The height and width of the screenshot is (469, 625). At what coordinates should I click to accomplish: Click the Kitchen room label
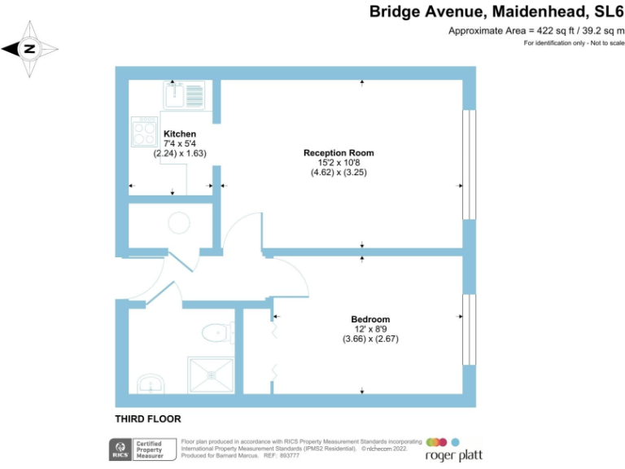coord(180,134)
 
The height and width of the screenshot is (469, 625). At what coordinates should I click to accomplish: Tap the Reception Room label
coord(339,152)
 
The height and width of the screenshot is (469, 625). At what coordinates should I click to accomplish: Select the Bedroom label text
coord(370,319)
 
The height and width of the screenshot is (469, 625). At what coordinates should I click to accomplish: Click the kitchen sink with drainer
coord(185,95)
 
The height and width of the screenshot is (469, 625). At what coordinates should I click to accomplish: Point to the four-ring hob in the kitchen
coord(144,132)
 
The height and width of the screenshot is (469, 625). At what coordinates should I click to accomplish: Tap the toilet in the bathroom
coord(216,333)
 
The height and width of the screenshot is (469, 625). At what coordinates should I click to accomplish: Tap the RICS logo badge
coord(121,448)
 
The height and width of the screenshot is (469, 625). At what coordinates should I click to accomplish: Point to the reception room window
coord(467,164)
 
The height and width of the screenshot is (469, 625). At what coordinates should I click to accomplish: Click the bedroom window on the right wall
coord(467,329)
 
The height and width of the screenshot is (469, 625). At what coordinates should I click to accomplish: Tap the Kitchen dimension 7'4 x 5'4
coord(180,143)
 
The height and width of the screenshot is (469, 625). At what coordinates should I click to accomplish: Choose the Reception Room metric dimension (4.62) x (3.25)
coord(339,172)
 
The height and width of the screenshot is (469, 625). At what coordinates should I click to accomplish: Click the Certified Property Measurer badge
coord(149,448)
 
